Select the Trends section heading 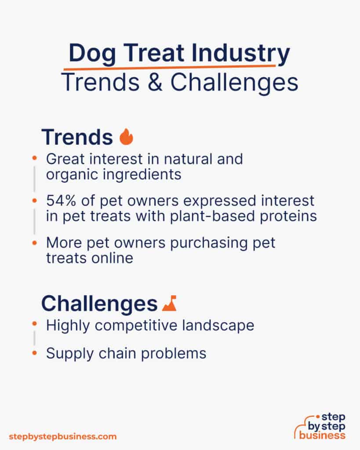(77, 137)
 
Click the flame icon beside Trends (126, 137)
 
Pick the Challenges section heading (99, 304)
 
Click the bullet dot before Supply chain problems (35, 352)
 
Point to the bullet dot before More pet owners (35, 242)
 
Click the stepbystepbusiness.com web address (63, 436)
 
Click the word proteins (289, 216)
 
